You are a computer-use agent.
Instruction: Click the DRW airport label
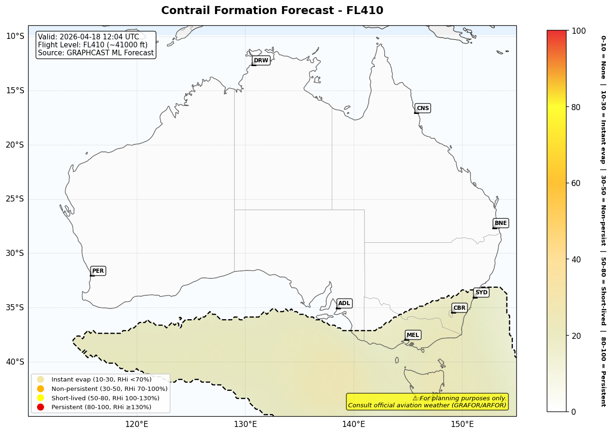(261, 60)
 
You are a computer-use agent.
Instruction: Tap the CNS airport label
(423, 108)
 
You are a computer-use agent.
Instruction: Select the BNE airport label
(500, 223)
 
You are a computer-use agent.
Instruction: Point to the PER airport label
(98, 271)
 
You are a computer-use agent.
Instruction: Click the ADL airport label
(344, 303)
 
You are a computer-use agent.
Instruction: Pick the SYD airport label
(481, 292)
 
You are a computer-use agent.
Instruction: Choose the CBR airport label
(459, 308)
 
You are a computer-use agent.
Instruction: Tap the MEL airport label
(413, 335)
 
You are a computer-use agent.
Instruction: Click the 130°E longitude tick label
(245, 424)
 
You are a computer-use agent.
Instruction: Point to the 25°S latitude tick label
(15, 199)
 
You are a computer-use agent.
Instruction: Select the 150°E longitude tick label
(462, 424)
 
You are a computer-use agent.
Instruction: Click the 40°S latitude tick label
(15, 361)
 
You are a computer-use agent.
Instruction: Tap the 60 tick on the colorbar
(576, 183)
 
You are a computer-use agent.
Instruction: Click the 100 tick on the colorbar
(579, 31)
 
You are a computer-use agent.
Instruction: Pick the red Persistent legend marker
(41, 407)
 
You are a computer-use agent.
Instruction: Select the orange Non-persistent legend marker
(41, 389)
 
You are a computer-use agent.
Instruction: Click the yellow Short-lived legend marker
(41, 398)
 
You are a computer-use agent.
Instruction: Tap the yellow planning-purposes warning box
(427, 402)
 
